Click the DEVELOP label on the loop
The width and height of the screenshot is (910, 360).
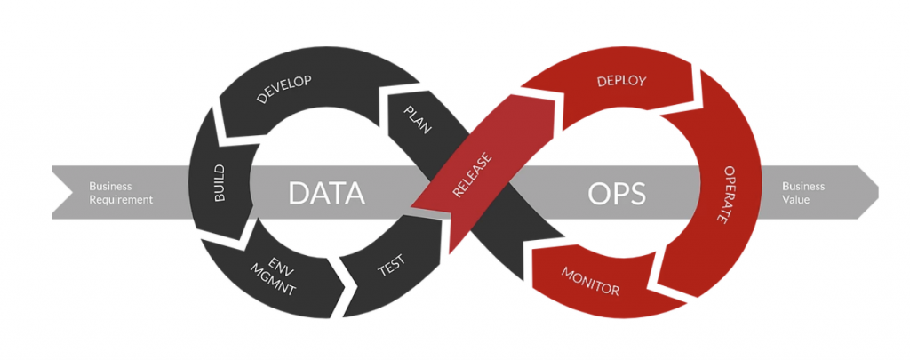283,91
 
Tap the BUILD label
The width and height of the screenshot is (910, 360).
220,183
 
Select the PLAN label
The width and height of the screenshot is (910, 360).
417,119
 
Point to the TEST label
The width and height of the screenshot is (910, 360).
391,263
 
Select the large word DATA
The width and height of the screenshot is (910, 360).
326,192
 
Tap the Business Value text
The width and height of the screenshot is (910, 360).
803,193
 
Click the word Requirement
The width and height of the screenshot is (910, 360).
121,200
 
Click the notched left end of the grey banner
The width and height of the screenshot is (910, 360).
64,192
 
